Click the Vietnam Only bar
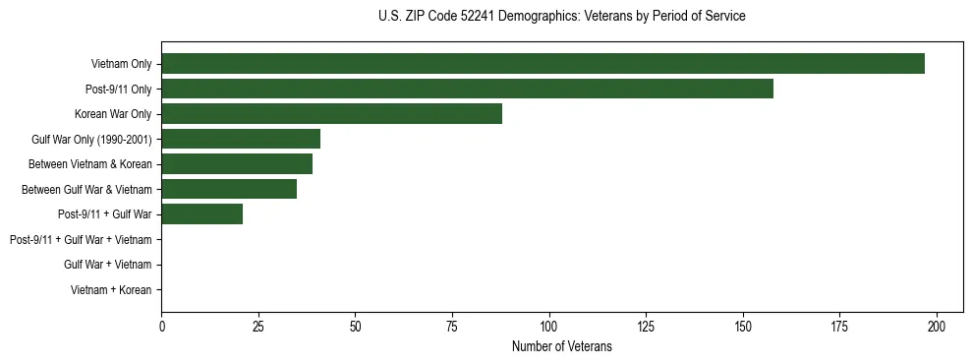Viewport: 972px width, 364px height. pos(543,64)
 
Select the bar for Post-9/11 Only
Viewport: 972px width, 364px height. pos(467,89)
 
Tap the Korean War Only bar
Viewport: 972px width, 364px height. pos(331,114)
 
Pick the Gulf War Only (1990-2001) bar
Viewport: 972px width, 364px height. pos(241,139)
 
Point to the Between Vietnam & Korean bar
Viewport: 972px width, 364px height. pos(237,164)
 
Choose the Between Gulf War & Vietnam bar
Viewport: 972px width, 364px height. pos(229,189)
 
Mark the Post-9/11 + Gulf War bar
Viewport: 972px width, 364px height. pos(201,214)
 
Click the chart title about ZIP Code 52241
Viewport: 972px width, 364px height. pos(561,17)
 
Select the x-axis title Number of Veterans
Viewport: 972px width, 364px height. pos(561,346)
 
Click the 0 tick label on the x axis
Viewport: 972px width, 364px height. pos(161,326)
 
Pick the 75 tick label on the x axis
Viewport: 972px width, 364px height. pos(452,326)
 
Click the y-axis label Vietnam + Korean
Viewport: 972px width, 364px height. pos(111,290)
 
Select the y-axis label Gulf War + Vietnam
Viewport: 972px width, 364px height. pos(107,265)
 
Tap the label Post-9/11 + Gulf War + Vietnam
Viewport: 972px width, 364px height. pos(81,240)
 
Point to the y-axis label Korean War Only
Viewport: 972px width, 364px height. pos(113,114)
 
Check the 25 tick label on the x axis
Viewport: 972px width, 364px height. pos(258,326)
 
